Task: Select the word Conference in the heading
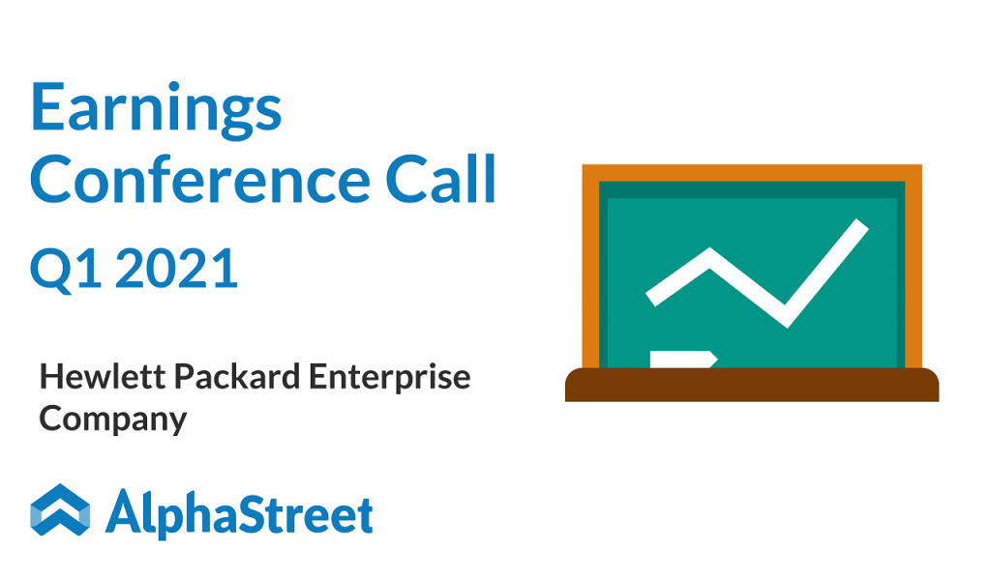coord(199,180)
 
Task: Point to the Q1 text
coord(66,270)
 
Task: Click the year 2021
coord(176,269)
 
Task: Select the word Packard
coord(237,377)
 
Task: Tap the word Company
coord(113,420)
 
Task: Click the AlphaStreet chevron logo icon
coord(60,509)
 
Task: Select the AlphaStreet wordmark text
coord(239,513)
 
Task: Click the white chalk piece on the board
coord(683,359)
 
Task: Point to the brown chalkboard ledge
coord(752,384)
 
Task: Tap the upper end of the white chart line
coord(862,224)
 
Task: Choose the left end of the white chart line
coord(650,301)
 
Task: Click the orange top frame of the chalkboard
coord(752,172)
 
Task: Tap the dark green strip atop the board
coord(752,189)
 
